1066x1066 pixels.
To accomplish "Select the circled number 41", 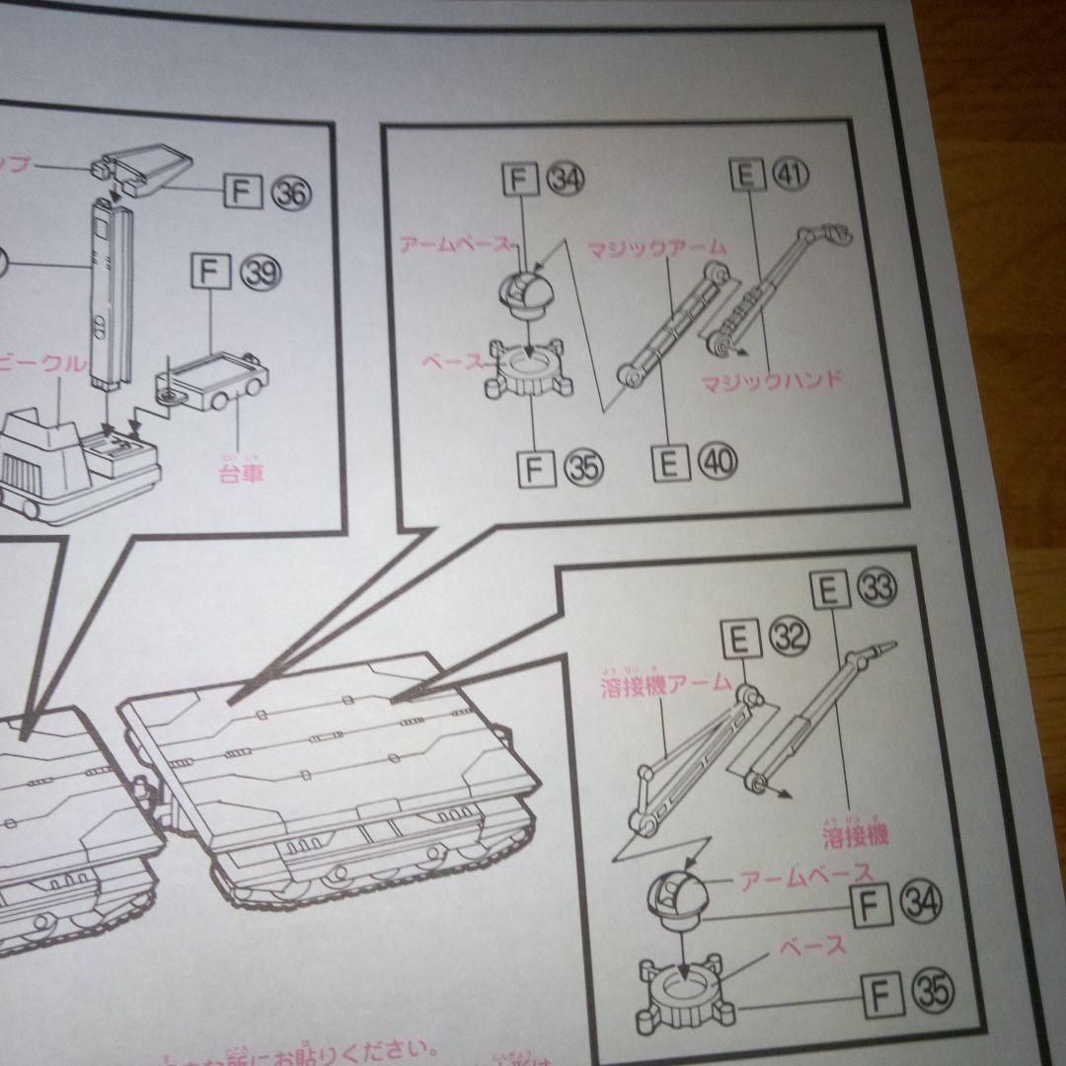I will pos(790,176).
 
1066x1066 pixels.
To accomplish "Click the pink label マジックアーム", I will pos(656,247).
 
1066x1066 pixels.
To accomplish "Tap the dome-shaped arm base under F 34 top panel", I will pos(529,289).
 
